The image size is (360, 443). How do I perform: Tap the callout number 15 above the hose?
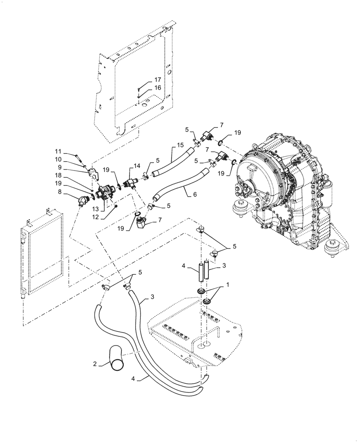180,145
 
